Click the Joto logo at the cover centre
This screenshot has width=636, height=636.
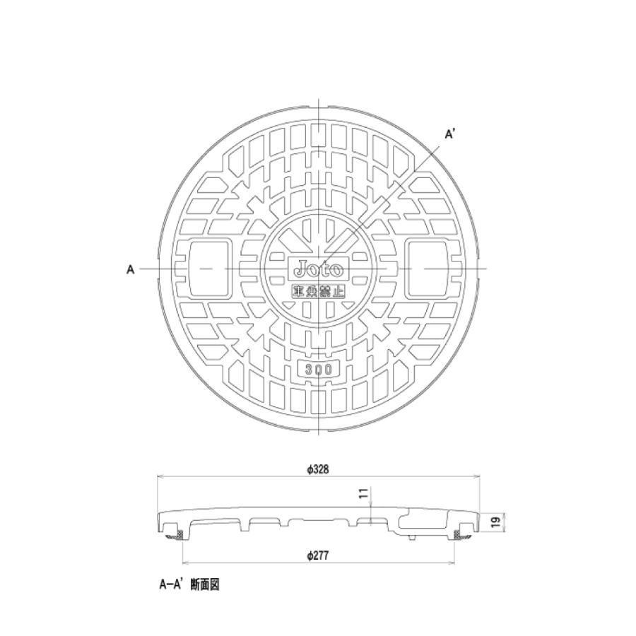pos(319,269)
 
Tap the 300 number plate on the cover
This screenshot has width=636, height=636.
pos(319,368)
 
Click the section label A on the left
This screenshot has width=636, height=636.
pos(131,270)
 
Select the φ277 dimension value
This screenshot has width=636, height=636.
pos(319,556)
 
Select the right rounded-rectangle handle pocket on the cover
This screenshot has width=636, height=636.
pos(428,269)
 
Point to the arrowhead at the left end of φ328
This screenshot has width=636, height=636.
pos(159,477)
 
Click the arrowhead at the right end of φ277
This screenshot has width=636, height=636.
pos(452,564)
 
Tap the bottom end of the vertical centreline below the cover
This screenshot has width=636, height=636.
pos(319,439)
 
